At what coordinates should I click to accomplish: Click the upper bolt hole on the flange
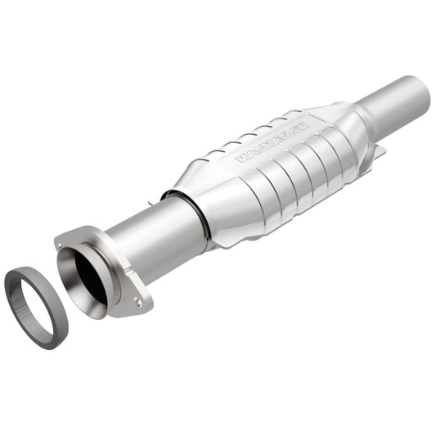pos(62,242)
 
